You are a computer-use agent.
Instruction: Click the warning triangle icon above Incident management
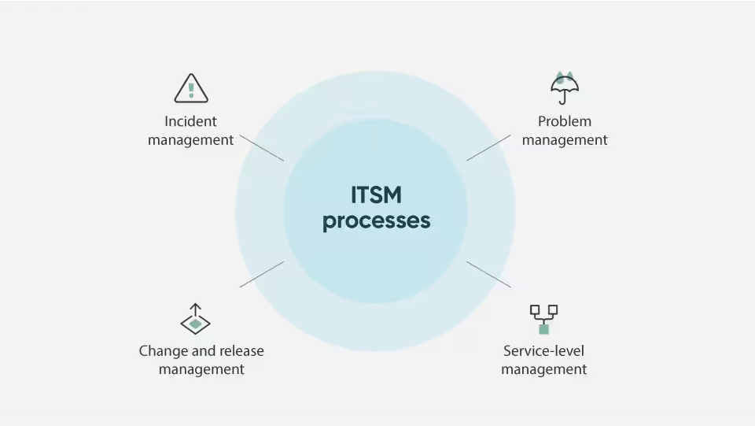point(191,88)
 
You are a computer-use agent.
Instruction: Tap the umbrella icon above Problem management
point(565,87)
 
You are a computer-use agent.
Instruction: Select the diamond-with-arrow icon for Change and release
point(195,320)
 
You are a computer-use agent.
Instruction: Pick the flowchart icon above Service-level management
point(543,319)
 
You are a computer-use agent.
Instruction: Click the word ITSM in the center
point(376,194)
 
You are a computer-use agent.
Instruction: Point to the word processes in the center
point(376,220)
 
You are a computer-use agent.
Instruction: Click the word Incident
point(190,121)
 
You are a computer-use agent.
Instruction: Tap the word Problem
point(565,121)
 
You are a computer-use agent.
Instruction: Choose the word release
point(241,351)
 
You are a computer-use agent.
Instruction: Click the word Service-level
point(543,351)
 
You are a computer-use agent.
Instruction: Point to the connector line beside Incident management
point(262,148)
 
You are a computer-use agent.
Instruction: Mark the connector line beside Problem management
point(488,147)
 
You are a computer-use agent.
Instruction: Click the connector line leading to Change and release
point(261,274)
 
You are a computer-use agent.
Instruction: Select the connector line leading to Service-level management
point(488,274)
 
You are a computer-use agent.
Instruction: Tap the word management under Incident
point(190,140)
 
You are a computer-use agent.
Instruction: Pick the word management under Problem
point(565,140)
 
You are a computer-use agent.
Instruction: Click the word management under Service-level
point(543,369)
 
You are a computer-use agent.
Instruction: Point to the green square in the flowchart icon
point(543,329)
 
